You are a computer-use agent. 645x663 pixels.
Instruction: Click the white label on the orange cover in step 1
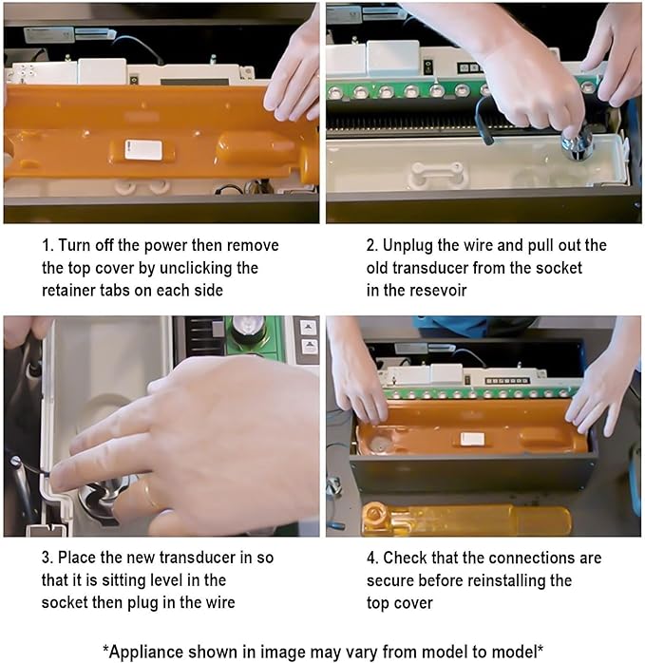tap(143, 150)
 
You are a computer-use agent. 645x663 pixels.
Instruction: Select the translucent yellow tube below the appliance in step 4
tap(467, 519)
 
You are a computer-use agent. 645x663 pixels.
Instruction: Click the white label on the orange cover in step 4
tap(472, 439)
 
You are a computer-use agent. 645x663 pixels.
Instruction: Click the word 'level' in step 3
tap(163, 579)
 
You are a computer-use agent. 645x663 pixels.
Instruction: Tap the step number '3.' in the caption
tap(47, 558)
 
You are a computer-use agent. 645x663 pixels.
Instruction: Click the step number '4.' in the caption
tap(372, 558)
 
